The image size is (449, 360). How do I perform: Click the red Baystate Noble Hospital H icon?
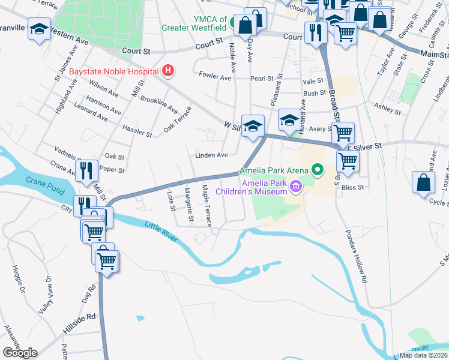coord(169,71)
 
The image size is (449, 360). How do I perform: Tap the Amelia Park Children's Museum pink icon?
coord(295,188)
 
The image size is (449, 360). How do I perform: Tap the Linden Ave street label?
coord(211,155)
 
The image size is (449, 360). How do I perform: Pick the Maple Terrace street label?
coord(206,205)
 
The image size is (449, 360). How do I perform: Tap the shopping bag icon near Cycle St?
coord(424,184)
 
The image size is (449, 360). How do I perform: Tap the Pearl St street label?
coord(262,79)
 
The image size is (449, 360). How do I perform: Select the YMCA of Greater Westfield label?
coord(194,23)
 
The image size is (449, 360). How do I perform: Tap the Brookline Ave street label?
coord(159,104)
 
